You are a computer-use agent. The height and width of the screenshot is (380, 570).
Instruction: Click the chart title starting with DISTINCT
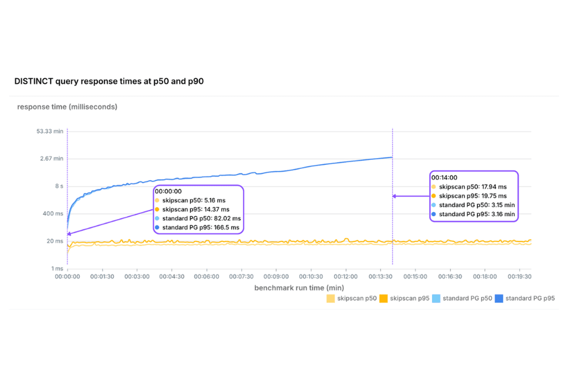[109, 82]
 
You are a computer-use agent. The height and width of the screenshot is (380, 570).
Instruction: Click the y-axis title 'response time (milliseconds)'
[67, 107]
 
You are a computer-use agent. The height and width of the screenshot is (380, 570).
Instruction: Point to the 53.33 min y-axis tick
[50, 131]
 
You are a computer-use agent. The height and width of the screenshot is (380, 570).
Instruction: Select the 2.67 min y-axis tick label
[52, 159]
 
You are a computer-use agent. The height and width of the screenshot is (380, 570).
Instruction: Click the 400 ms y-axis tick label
[53, 213]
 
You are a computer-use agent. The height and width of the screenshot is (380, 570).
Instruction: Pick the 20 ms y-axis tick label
[55, 241]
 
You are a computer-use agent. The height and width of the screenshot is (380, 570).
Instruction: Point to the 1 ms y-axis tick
[56, 268]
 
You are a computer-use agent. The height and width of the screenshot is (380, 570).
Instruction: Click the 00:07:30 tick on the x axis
[241, 277]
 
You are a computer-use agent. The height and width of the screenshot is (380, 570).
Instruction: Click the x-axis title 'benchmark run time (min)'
[299, 288]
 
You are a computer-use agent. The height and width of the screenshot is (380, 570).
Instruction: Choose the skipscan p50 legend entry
[352, 298]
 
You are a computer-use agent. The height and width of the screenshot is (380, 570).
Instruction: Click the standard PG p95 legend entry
[525, 298]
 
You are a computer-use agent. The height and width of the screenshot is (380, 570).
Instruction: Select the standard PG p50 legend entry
[463, 298]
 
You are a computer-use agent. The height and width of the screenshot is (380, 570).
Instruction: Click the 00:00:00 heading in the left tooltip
[168, 192]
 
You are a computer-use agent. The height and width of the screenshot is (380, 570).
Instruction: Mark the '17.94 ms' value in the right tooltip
[494, 187]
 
